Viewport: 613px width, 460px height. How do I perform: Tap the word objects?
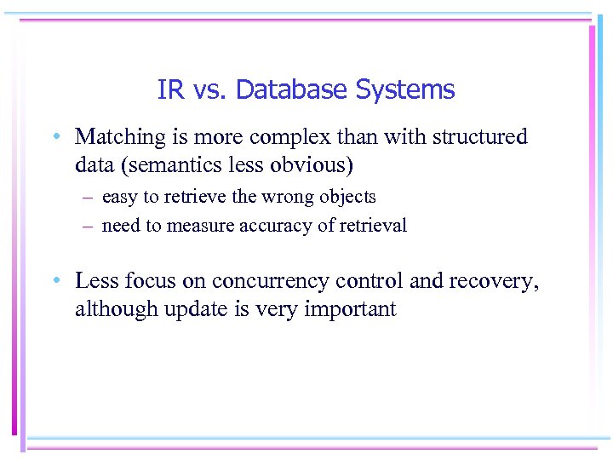pyautogui.click(x=347, y=197)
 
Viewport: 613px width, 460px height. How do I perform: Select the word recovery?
pyautogui.click(x=501, y=281)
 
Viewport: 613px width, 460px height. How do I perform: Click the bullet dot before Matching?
pyautogui.click(x=54, y=138)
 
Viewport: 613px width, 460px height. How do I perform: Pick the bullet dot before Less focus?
pyautogui.click(x=54, y=282)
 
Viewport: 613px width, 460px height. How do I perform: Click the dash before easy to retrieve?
pyautogui.click(x=89, y=198)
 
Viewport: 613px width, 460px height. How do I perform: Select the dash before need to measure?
pyautogui.click(x=89, y=226)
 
